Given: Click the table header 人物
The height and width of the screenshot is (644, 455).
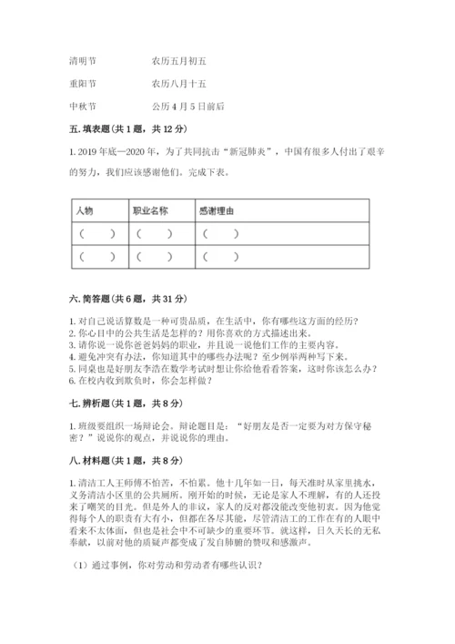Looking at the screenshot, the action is coord(86,210).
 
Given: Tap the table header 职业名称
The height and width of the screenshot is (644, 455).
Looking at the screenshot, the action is coord(150,210).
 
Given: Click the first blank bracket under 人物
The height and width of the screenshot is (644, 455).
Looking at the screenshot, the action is coord(96,234).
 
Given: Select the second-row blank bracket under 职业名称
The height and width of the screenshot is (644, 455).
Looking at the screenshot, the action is coord(155,257).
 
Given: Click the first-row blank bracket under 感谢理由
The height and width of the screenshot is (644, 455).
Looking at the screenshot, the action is coord(221,234).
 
